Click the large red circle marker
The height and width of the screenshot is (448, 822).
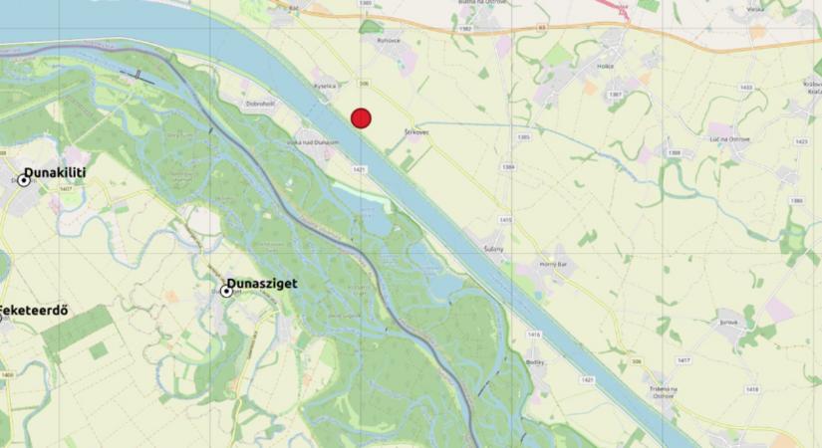click(361, 117)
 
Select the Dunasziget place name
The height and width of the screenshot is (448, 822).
click(261, 284)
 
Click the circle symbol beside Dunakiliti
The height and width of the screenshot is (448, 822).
click(23, 180)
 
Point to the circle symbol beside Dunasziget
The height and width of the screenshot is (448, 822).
click(227, 291)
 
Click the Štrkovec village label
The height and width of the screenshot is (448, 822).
click(416, 132)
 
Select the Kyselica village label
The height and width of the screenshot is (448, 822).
click(326, 86)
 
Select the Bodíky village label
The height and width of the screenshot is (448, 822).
click(536, 361)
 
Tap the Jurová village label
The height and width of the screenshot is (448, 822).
click(730, 323)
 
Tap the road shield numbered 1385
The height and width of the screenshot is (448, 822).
click(524, 135)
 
